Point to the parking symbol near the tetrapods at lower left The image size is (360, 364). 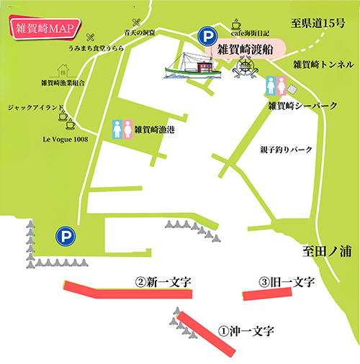66,235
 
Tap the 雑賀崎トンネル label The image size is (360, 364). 323,65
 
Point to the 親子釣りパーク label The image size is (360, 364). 287,150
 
